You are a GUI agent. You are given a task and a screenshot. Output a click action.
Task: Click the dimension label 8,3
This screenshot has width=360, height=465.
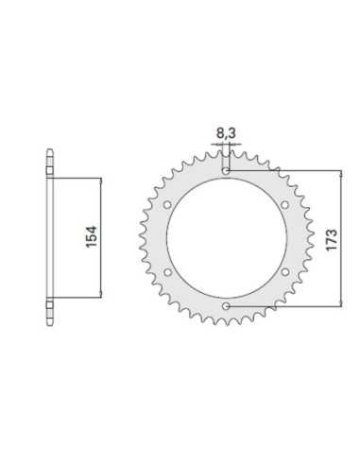coord(226,133)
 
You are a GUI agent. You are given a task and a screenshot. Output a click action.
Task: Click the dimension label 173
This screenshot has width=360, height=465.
coord(332,240)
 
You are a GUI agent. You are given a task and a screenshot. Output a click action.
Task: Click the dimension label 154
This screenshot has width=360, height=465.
coord(92,236)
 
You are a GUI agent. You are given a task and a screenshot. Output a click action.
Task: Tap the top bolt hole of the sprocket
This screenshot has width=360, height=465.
coord(226,171)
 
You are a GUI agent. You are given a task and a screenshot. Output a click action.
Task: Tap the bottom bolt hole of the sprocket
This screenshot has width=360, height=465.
coord(226,306)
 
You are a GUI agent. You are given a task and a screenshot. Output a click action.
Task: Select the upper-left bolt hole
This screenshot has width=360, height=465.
coord(167,205)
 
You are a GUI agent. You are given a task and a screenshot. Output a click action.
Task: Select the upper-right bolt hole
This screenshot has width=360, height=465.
coord(284,205)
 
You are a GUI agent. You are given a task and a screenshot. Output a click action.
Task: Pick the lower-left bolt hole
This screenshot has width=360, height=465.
coord(167,272)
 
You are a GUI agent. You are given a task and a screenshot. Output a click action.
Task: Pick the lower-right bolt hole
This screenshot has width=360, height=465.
coord(284,271)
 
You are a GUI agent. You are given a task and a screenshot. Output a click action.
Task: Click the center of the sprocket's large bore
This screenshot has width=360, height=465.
coord(227,238)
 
